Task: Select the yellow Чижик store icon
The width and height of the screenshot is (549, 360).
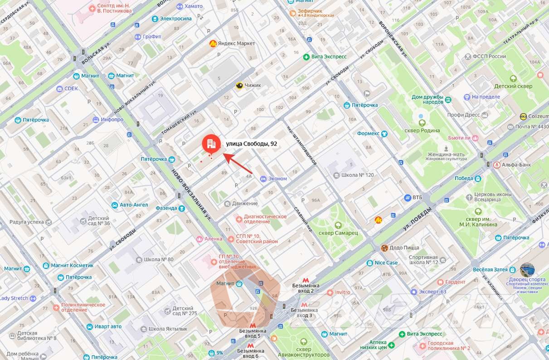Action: pyautogui.click(x=239, y=85)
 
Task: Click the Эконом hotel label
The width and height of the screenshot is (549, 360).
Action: pyautogui.click(x=277, y=179)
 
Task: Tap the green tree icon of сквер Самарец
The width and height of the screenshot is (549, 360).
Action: pyautogui.click(x=338, y=225)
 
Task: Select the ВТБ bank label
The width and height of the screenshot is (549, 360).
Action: pyautogui.click(x=417, y=197)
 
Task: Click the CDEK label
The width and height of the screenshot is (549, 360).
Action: pyautogui.click(x=71, y=88)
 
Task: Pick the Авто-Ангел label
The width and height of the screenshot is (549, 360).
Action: pyautogui.click(x=134, y=205)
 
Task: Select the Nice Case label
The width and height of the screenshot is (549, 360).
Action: pyautogui.click(x=386, y=263)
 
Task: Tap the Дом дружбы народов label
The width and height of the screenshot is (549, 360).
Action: pyautogui.click(x=427, y=99)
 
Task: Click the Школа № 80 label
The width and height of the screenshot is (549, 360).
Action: pyautogui.click(x=158, y=259)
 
